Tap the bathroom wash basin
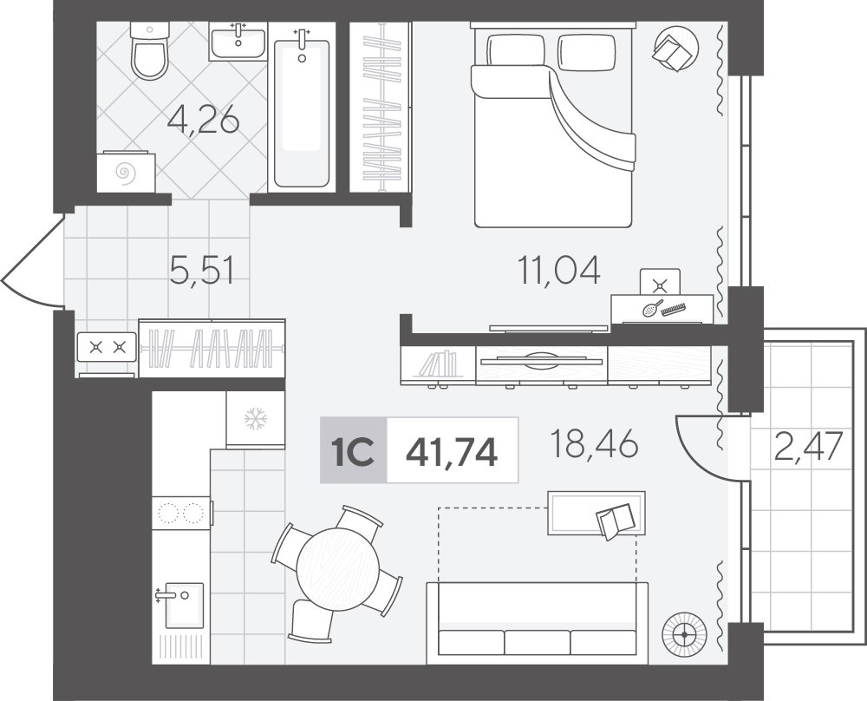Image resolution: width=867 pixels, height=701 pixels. pos(238,42)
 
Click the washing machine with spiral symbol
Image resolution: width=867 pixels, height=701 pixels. pos(126,172)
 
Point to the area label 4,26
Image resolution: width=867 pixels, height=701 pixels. pos(204,120)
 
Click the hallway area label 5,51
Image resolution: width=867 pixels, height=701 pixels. pos(202,271)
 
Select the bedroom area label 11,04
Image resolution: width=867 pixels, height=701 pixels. pos(558,271)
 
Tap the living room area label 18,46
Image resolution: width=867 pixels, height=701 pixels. pos(595,443)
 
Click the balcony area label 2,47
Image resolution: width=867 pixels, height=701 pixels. pos(808,446)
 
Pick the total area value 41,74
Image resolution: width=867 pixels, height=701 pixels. pos(452,451)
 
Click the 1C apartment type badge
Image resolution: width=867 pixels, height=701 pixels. pos(354,450)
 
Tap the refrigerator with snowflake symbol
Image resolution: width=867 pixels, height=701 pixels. pos(255,419)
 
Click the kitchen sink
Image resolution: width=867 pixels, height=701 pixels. pos(181,605)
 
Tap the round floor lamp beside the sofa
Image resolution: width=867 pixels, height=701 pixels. pos(685,634)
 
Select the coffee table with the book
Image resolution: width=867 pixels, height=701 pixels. pos(596,513)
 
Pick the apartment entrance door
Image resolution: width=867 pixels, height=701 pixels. pos(33,260)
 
